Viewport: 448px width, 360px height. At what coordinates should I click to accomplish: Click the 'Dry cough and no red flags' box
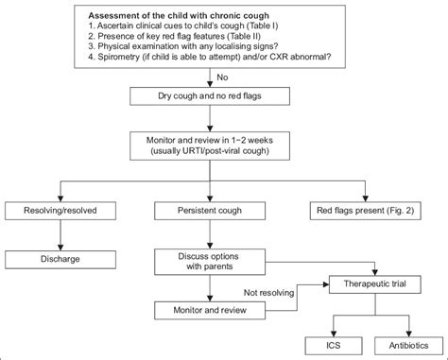[210, 96]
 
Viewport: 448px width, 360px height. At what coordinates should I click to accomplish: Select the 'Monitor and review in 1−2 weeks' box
[210, 146]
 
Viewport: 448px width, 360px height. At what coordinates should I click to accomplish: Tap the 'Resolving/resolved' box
[60, 211]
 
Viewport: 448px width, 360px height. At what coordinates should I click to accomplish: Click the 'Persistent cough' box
[210, 211]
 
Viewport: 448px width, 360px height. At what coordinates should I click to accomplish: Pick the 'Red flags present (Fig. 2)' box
[366, 211]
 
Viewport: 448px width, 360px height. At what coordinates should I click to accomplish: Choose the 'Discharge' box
[60, 260]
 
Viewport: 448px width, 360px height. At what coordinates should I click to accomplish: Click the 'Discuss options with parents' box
[210, 262]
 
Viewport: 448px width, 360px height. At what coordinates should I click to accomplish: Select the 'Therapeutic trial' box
[375, 284]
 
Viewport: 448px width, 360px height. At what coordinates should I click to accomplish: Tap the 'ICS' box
[334, 346]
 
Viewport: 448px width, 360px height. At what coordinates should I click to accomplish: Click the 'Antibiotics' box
[409, 346]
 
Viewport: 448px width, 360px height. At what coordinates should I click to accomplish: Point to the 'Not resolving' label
[268, 293]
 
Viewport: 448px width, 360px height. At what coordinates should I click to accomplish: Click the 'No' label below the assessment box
[222, 77]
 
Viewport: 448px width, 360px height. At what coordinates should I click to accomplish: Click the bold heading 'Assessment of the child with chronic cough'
[179, 15]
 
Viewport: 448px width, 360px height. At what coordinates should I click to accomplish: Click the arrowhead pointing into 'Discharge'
[60, 248]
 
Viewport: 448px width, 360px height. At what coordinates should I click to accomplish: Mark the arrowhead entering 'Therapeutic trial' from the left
[326, 284]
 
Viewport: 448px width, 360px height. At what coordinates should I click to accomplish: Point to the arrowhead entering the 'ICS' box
[334, 334]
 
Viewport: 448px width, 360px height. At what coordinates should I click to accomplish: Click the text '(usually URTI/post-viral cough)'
[210, 151]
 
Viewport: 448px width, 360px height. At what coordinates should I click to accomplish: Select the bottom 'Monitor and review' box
[210, 311]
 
